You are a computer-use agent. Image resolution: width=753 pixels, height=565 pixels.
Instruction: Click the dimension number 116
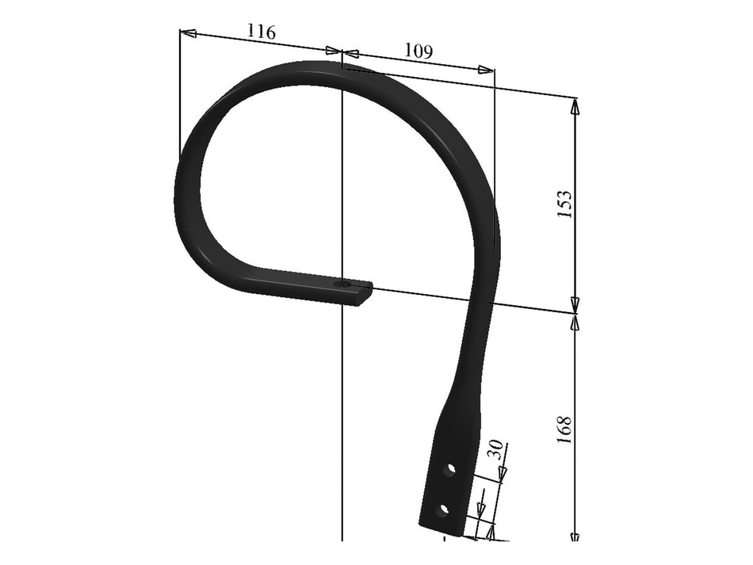tap(262, 32)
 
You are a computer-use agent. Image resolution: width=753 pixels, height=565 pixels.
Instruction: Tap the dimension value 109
tap(419, 52)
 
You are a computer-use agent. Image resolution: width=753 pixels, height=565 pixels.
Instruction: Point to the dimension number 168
tap(565, 429)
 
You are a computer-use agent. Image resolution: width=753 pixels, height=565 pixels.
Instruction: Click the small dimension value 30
tap(495, 450)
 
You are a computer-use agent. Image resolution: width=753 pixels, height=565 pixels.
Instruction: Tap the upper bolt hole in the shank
tap(450, 469)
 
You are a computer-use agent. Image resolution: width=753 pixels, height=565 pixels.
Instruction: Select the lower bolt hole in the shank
tap(443, 507)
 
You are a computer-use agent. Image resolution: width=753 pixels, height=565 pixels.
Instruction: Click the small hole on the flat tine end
tap(342, 283)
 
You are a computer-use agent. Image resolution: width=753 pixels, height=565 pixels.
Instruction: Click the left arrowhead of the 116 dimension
tap(188, 33)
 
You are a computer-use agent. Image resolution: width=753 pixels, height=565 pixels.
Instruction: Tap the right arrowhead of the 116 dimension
tap(333, 51)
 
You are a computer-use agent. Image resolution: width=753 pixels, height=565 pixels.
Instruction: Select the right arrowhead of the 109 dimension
tap(486, 70)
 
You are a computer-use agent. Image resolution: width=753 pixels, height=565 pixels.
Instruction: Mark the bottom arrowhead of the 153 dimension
tap(575, 304)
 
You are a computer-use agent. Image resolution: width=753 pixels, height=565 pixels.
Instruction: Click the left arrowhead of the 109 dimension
tap(351, 54)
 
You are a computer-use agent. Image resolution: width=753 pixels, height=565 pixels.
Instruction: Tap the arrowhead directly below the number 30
tap(502, 473)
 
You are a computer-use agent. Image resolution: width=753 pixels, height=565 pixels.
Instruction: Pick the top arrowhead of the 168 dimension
tap(575, 320)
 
